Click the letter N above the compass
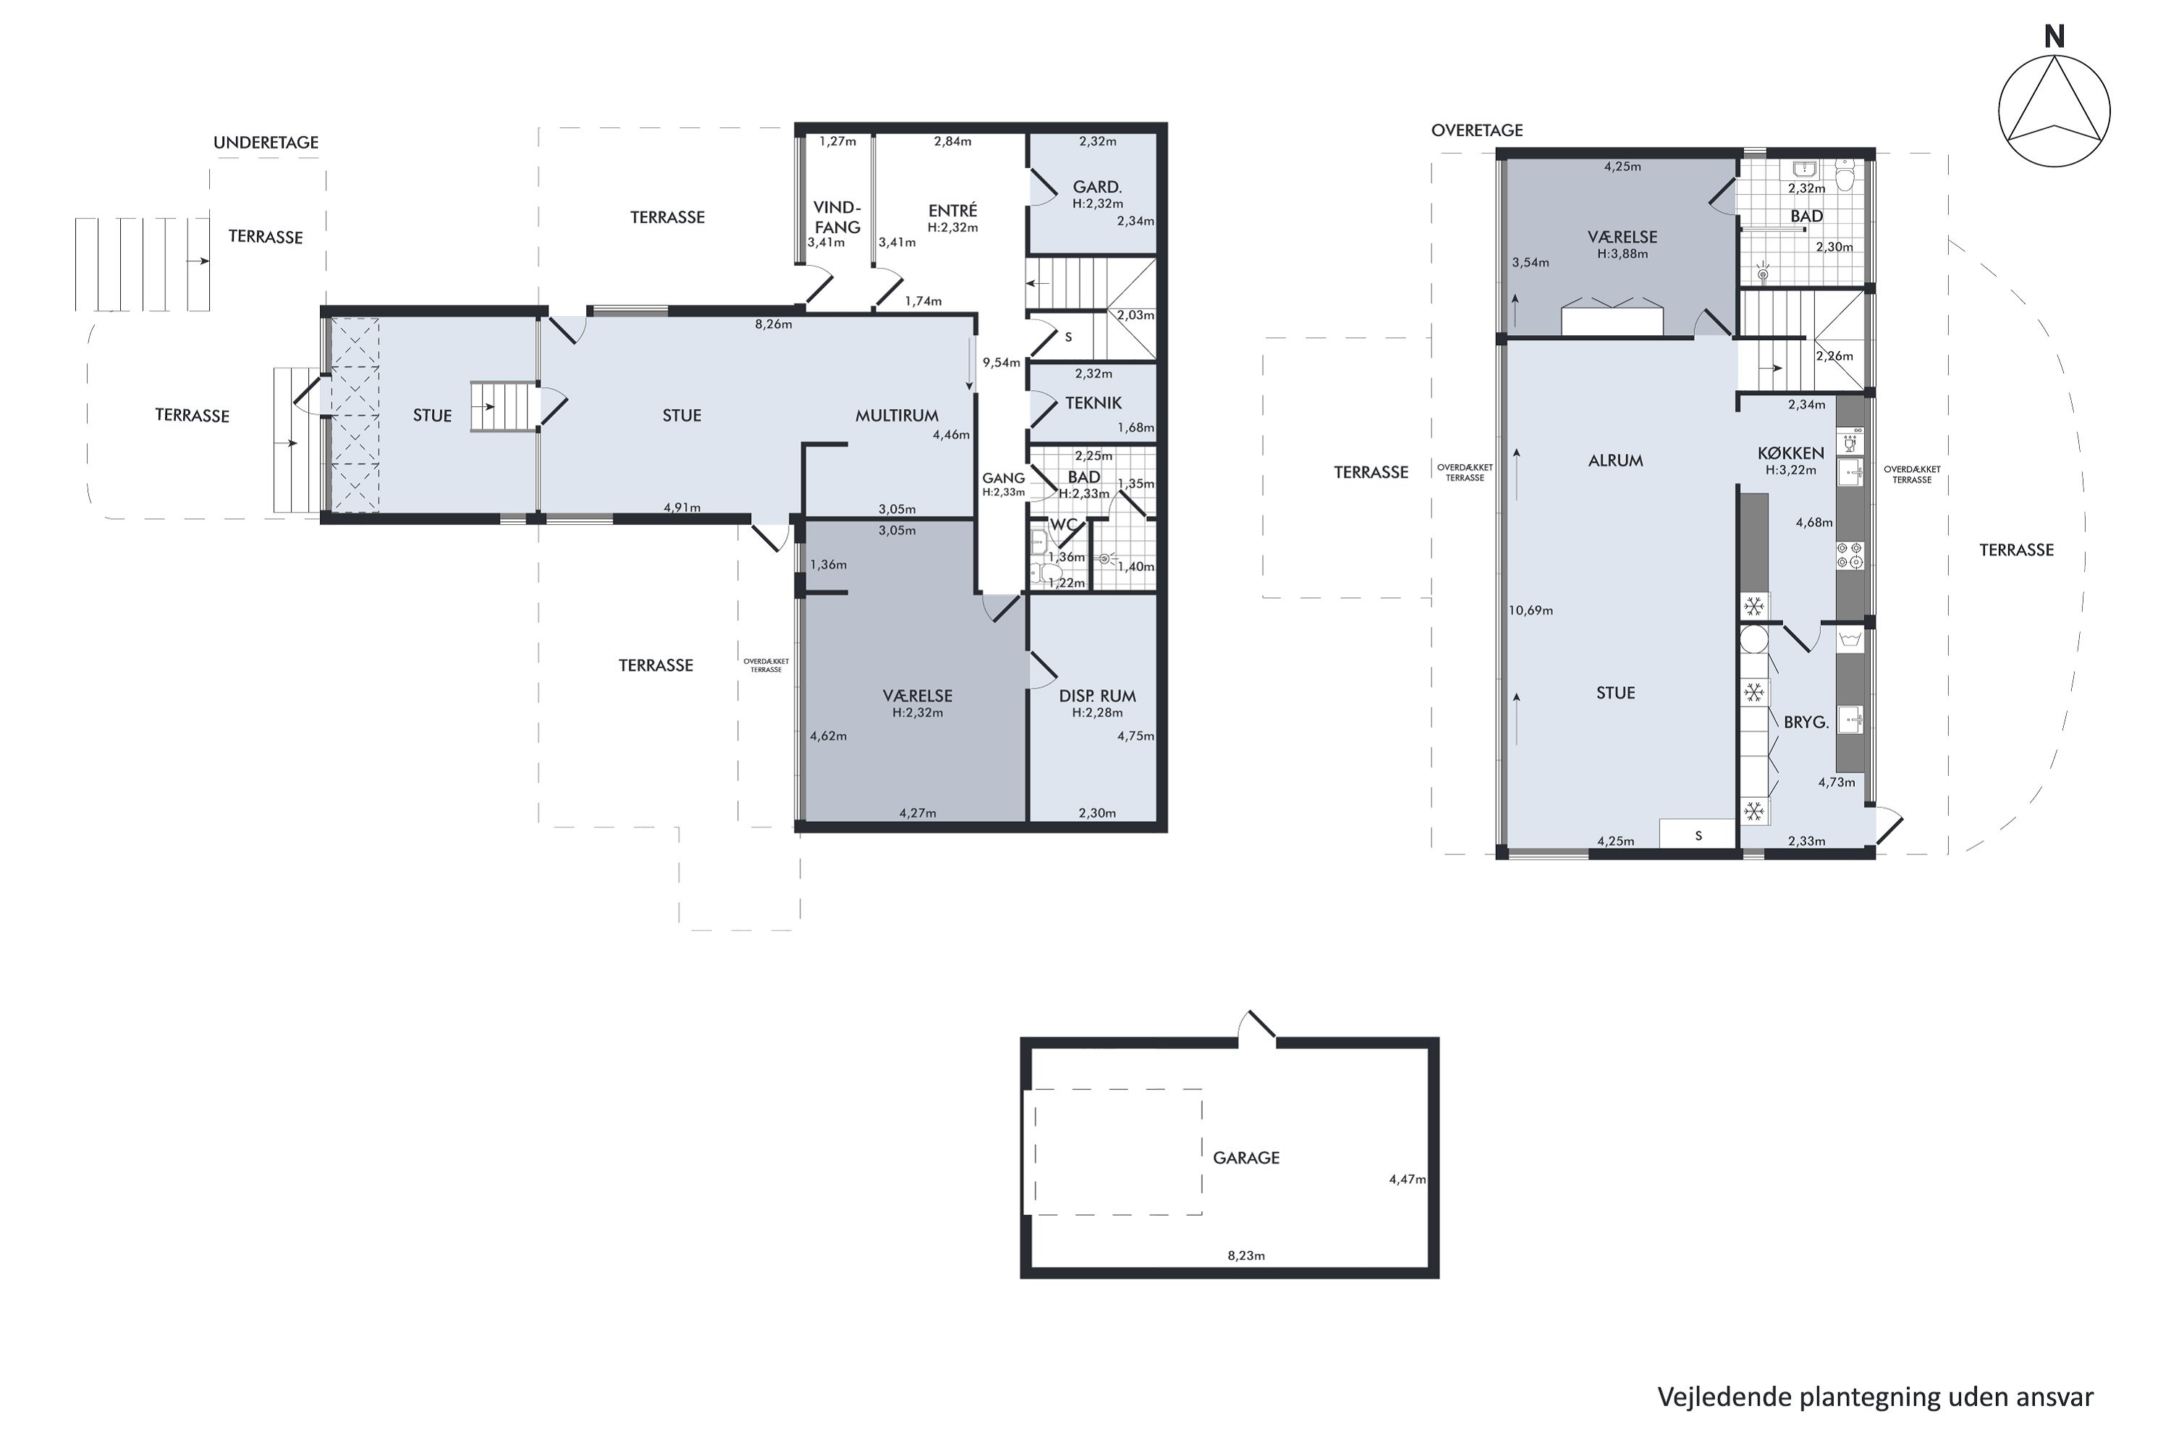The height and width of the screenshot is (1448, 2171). tap(2054, 37)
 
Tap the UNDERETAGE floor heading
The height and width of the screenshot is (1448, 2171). tap(266, 142)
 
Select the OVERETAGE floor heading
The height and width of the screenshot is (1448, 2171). tap(1477, 130)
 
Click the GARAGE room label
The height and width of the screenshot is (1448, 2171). tap(1246, 1158)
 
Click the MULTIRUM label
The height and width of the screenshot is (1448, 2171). tap(897, 416)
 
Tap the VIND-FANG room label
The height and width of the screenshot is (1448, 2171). tap(837, 217)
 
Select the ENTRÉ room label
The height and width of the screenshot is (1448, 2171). tap(952, 211)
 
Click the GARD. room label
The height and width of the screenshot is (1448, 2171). tap(1098, 188)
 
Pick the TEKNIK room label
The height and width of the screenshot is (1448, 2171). tap(1093, 403)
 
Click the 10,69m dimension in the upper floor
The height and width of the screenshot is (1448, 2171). tap(1531, 610)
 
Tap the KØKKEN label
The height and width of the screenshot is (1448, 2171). tap(1790, 453)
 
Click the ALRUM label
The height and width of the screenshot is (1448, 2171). tap(1615, 460)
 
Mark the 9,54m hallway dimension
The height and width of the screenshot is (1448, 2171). tap(1001, 363)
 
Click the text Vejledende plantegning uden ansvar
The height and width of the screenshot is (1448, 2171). tap(1876, 1397)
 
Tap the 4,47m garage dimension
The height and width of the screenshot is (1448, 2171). tap(1408, 1179)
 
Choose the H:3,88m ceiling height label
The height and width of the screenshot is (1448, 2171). tap(1622, 254)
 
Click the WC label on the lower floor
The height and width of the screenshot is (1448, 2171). tap(1063, 524)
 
